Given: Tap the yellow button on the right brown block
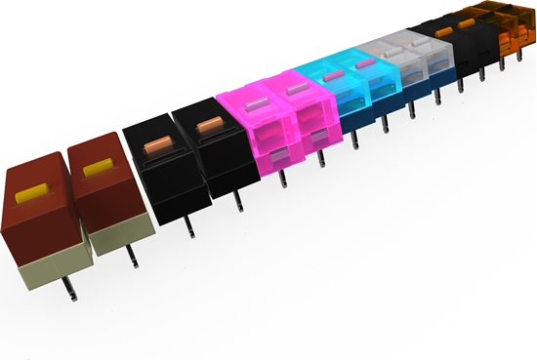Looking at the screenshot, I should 98,168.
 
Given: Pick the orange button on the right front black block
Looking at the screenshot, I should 209,125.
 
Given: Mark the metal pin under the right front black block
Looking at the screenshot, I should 238,203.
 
